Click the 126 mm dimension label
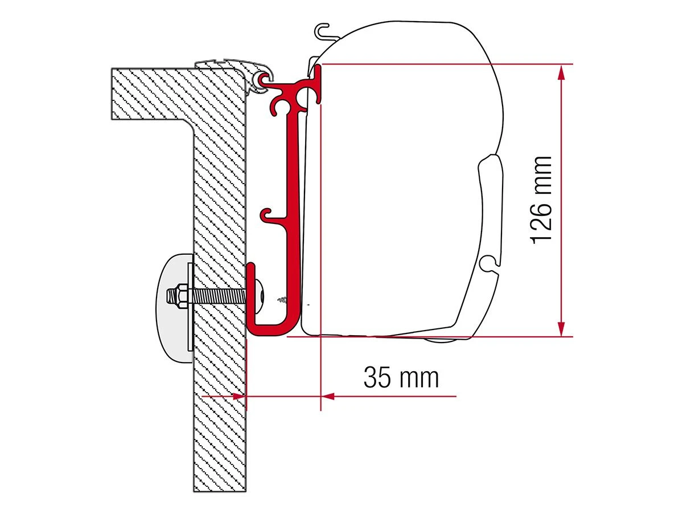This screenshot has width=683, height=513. pyautogui.click(x=541, y=199)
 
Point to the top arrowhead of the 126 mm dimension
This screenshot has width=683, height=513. pyautogui.click(x=561, y=71)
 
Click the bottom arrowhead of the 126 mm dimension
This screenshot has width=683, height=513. pyautogui.click(x=561, y=329)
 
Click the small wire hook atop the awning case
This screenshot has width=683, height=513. pyautogui.click(x=322, y=32)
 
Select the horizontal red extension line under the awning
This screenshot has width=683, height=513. pyautogui.click(x=427, y=336)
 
